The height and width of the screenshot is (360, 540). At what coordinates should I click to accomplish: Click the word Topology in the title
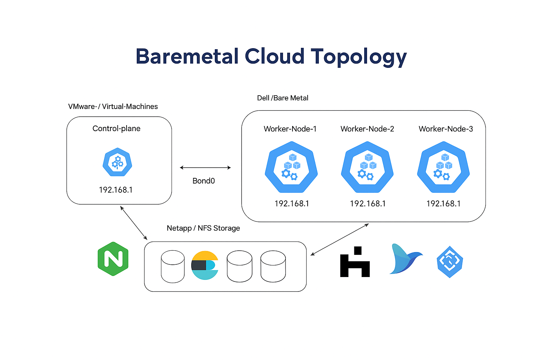coord(359,57)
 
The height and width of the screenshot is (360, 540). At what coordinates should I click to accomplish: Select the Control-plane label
coord(116,129)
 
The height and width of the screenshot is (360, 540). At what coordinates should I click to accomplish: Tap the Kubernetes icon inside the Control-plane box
coord(117,162)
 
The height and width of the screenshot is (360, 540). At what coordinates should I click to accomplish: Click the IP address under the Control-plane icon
coord(116,190)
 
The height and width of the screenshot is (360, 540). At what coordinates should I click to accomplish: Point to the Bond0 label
coord(204,181)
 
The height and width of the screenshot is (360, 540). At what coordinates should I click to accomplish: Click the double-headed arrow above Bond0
coord(205,168)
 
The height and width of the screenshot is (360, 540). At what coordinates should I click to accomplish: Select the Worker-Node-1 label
coord(290,129)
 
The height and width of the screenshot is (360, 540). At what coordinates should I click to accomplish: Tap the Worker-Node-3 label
coord(445,129)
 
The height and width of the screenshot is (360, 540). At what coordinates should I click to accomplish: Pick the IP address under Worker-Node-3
coord(443,204)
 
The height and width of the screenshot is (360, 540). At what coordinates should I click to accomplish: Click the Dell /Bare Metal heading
coord(283,98)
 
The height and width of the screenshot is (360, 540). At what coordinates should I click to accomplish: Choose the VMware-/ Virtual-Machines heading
coord(113,107)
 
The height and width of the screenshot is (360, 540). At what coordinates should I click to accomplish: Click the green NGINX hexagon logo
coord(113,259)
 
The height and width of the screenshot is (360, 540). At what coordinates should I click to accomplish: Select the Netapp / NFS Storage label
coord(203,228)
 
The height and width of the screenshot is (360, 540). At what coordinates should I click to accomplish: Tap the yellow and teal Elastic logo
coord(205,265)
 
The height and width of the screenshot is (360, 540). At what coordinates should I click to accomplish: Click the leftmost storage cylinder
coord(173,266)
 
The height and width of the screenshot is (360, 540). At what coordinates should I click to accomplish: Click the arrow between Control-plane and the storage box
coord(134,223)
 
